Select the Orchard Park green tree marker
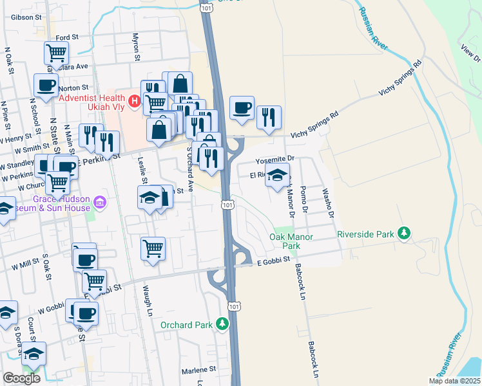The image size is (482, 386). point(222,323)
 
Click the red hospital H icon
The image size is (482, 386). point(134,100)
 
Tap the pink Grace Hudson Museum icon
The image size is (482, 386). point(99,204)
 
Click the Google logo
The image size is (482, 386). point(22,378)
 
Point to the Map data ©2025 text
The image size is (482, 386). point(454,381)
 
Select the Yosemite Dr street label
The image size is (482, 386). point(275,158)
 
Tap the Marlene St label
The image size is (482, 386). point(198,370)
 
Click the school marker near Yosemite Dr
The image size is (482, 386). point(277,175)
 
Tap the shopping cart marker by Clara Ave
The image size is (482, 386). point(56,52)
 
